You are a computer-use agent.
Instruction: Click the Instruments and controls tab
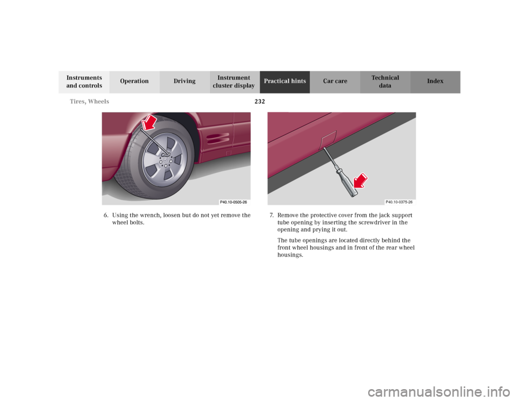[84, 82]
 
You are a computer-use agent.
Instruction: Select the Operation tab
[134, 82]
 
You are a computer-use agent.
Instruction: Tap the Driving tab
[184, 82]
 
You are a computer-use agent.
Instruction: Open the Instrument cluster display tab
[234, 82]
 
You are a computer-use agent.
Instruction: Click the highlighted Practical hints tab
[284, 82]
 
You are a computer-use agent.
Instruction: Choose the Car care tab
[335, 82]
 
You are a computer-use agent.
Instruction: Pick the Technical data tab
[385, 82]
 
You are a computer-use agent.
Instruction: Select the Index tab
[435, 82]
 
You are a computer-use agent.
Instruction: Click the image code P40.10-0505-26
[234, 202]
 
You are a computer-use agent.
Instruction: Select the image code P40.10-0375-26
[399, 202]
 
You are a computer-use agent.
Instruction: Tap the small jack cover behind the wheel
[228, 153]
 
